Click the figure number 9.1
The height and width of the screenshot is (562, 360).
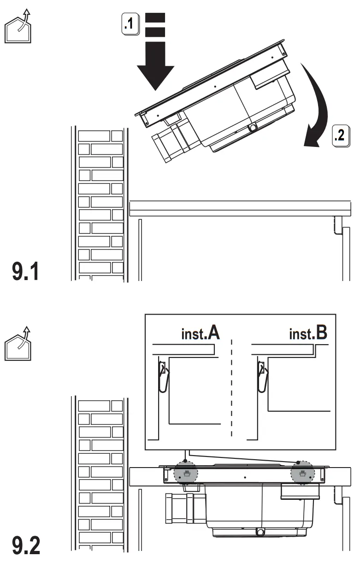pos(26,271)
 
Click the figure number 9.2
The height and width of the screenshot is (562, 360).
pos(26,546)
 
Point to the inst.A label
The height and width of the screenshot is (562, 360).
pos(200,333)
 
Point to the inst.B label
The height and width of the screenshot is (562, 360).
pos(308,333)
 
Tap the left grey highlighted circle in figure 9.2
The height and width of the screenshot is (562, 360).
pos(185,474)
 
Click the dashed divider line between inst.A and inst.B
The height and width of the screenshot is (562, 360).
pos(232,387)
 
